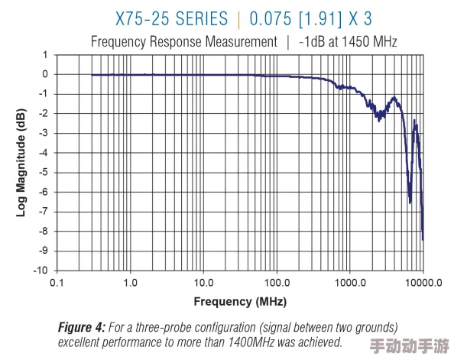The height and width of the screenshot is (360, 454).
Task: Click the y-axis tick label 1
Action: click(x=46, y=55)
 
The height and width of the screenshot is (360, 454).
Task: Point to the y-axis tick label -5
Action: click(x=44, y=172)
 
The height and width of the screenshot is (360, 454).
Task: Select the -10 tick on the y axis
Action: click(x=41, y=270)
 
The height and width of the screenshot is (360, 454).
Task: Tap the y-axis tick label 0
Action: click(x=46, y=74)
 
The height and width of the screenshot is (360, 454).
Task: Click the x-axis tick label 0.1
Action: click(x=57, y=282)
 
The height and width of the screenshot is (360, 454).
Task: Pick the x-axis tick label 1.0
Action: click(x=130, y=282)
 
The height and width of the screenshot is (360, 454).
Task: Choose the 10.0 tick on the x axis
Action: click(x=203, y=282)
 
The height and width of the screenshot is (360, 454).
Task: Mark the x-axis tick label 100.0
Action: click(x=276, y=282)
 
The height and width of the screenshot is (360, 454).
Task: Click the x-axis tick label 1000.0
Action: click(x=349, y=282)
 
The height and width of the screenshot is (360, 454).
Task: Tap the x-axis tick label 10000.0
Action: click(x=423, y=282)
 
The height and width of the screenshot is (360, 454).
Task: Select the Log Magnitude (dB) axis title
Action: click(x=21, y=162)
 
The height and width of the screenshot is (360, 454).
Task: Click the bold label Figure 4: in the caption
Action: click(x=82, y=327)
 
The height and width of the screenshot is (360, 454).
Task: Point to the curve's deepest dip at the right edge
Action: click(x=423, y=239)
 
